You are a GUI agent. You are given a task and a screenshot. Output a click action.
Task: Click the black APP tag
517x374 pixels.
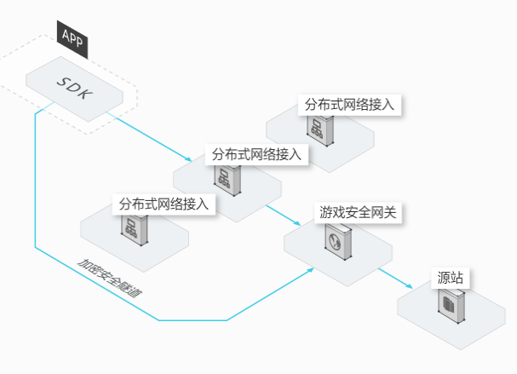pyautogui.click(x=72, y=39)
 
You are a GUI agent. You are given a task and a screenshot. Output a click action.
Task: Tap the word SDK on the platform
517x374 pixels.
pyautogui.click(x=75, y=88)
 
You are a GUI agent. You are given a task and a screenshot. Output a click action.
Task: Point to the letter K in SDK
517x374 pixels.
pyautogui.click(x=85, y=93)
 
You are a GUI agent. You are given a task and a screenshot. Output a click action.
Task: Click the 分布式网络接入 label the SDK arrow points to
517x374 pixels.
pyautogui.click(x=256, y=154)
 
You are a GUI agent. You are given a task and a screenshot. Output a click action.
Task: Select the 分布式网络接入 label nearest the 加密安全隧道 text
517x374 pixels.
pyautogui.click(x=164, y=204)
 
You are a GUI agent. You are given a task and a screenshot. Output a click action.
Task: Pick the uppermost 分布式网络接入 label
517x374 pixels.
pyautogui.click(x=349, y=105)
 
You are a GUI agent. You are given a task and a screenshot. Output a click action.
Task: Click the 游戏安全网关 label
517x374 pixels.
pyautogui.click(x=358, y=212)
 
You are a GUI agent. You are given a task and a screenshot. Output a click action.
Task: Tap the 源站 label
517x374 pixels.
pyautogui.click(x=451, y=278)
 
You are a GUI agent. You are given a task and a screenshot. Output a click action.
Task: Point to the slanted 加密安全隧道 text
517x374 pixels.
pyautogui.click(x=110, y=279)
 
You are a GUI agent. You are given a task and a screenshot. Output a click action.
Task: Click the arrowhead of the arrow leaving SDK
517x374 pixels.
pyautogui.click(x=188, y=159)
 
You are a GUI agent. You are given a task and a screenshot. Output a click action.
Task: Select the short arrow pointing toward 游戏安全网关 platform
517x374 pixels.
pyautogui.click(x=284, y=215)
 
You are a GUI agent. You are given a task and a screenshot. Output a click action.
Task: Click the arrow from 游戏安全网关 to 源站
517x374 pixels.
pyautogui.click(x=395, y=279)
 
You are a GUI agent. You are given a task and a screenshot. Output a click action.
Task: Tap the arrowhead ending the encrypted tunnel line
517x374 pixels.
pyautogui.click(x=310, y=270)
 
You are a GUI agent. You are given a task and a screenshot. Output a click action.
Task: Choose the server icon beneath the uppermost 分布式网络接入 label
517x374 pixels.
pyautogui.click(x=319, y=129)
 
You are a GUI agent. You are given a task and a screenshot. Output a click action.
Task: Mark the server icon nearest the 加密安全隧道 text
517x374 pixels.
pyautogui.click(x=135, y=229)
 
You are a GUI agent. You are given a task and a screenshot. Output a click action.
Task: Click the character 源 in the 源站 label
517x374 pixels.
pyautogui.click(x=444, y=278)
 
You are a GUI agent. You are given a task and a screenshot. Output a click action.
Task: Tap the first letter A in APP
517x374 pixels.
pyautogui.click(x=66, y=35)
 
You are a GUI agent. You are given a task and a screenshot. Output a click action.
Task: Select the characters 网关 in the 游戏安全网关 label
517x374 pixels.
pyautogui.click(x=383, y=212)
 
